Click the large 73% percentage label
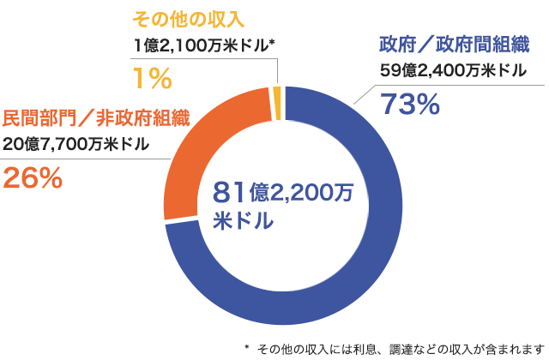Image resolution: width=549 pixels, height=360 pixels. click(410, 105)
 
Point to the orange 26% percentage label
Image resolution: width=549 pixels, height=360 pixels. click(33, 177)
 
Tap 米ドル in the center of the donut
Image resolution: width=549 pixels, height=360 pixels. click(244, 221)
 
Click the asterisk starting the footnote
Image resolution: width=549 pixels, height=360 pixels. click(246, 347)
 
